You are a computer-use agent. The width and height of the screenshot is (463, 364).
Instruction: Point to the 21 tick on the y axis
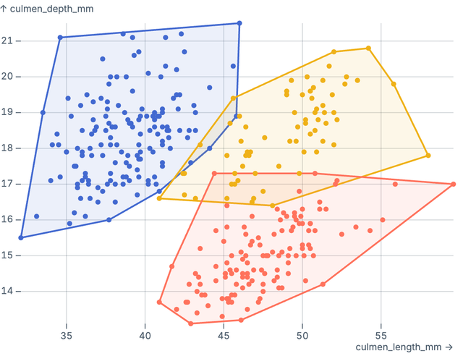click(x=8, y=41)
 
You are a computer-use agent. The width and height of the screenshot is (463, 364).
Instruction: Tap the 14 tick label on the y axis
click(x=8, y=292)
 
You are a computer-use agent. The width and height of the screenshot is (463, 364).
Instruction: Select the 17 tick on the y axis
click(x=8, y=184)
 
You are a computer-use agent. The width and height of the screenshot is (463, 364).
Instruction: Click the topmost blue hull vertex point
click(x=239, y=23)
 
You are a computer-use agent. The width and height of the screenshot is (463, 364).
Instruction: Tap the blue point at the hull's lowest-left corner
click(x=21, y=237)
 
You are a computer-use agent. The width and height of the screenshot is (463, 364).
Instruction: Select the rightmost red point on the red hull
click(x=453, y=184)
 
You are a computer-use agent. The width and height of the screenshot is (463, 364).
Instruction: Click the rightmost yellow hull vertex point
click(x=428, y=155)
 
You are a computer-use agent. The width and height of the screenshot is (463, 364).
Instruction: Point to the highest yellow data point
click(x=368, y=48)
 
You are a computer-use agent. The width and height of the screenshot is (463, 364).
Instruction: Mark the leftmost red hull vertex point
click(x=159, y=302)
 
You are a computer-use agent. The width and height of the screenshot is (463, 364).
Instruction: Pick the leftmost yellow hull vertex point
click(x=159, y=198)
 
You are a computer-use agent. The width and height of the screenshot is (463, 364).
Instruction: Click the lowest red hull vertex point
click(x=191, y=323)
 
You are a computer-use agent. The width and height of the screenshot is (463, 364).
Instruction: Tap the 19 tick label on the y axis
click(x=8, y=112)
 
